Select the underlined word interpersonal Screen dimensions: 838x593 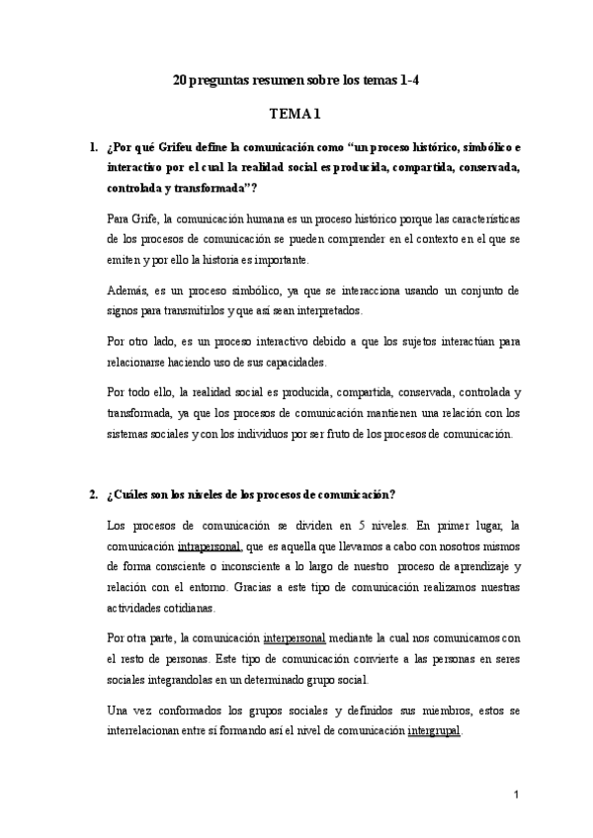(296, 639)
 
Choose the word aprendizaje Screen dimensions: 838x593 (477, 566)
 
